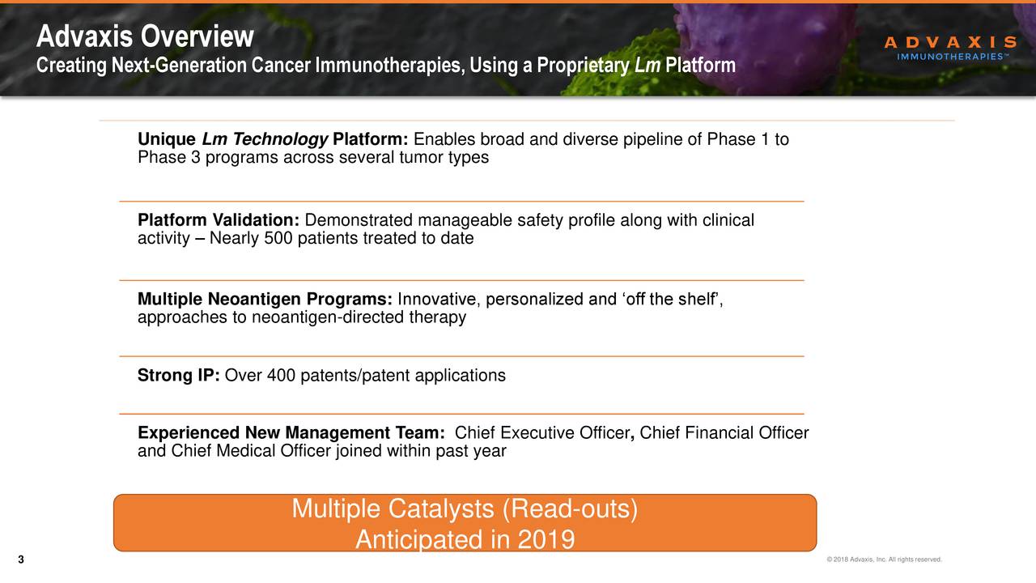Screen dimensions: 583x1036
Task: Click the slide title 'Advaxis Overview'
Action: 145,36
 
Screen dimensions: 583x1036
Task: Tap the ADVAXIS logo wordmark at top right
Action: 950,42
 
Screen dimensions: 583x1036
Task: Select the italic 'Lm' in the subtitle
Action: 647,65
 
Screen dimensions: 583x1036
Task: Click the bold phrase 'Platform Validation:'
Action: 219,221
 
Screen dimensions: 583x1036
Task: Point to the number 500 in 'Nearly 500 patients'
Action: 279,239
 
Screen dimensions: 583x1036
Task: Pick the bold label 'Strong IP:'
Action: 179,376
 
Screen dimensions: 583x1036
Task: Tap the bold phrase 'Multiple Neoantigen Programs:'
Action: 265,300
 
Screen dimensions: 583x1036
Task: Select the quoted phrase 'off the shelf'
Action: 670,300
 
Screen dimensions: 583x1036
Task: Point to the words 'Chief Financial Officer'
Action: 724,434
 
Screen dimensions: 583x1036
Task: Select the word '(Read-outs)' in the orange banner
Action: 570,509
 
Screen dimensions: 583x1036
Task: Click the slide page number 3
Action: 20,561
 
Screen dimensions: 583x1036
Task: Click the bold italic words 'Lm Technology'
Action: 265,140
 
